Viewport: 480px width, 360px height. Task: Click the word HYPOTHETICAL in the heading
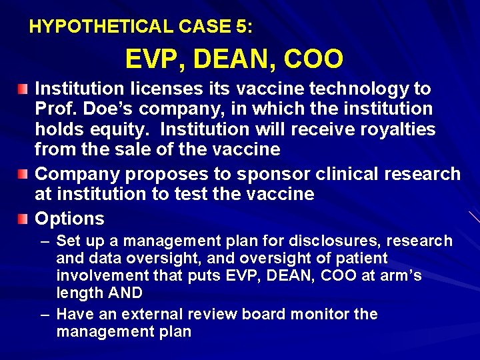pos(101,27)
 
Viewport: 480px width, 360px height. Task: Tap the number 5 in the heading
pos(240,27)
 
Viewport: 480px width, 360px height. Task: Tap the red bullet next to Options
pos(23,219)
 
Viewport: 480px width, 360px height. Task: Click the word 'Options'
pos(69,219)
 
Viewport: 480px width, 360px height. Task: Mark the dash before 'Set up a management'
pos(46,241)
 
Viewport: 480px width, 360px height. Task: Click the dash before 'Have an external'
pos(46,314)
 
